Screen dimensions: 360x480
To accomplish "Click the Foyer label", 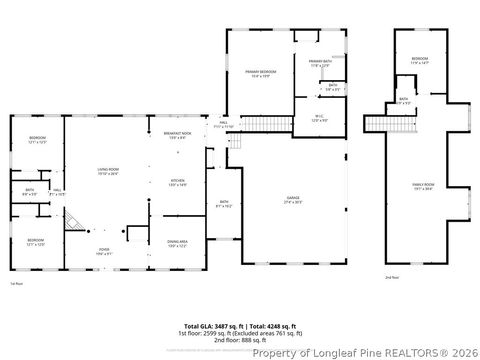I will (104, 251).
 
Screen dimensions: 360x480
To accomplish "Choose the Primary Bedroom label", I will (261, 74).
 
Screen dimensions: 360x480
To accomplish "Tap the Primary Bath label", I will (320, 63).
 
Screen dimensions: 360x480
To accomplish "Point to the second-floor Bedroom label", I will (420, 61).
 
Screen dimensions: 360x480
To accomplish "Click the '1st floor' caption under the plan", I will (16, 284).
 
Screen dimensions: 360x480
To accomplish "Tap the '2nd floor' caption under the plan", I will (393, 276).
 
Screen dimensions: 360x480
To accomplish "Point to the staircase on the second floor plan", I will (376, 123).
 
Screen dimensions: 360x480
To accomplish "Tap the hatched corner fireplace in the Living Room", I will (72, 222).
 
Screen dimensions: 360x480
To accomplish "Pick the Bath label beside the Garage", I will (223, 204).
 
